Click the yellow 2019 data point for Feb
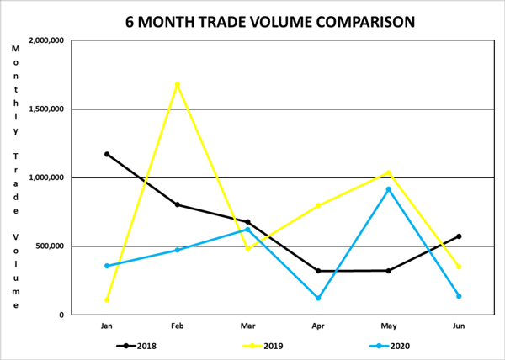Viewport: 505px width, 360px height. click(178, 84)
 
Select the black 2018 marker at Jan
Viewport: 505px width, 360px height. click(107, 154)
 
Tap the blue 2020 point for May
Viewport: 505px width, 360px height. click(388, 189)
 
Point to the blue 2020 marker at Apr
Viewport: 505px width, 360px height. click(318, 298)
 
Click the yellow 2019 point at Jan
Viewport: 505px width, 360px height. click(107, 299)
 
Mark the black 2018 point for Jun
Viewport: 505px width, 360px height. click(459, 236)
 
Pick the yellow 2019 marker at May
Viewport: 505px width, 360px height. click(388, 172)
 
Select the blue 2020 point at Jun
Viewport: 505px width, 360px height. click(459, 296)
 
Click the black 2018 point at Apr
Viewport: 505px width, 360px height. click(318, 271)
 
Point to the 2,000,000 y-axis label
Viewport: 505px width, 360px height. click(47, 40)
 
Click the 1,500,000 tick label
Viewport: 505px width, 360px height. click(47, 109)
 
